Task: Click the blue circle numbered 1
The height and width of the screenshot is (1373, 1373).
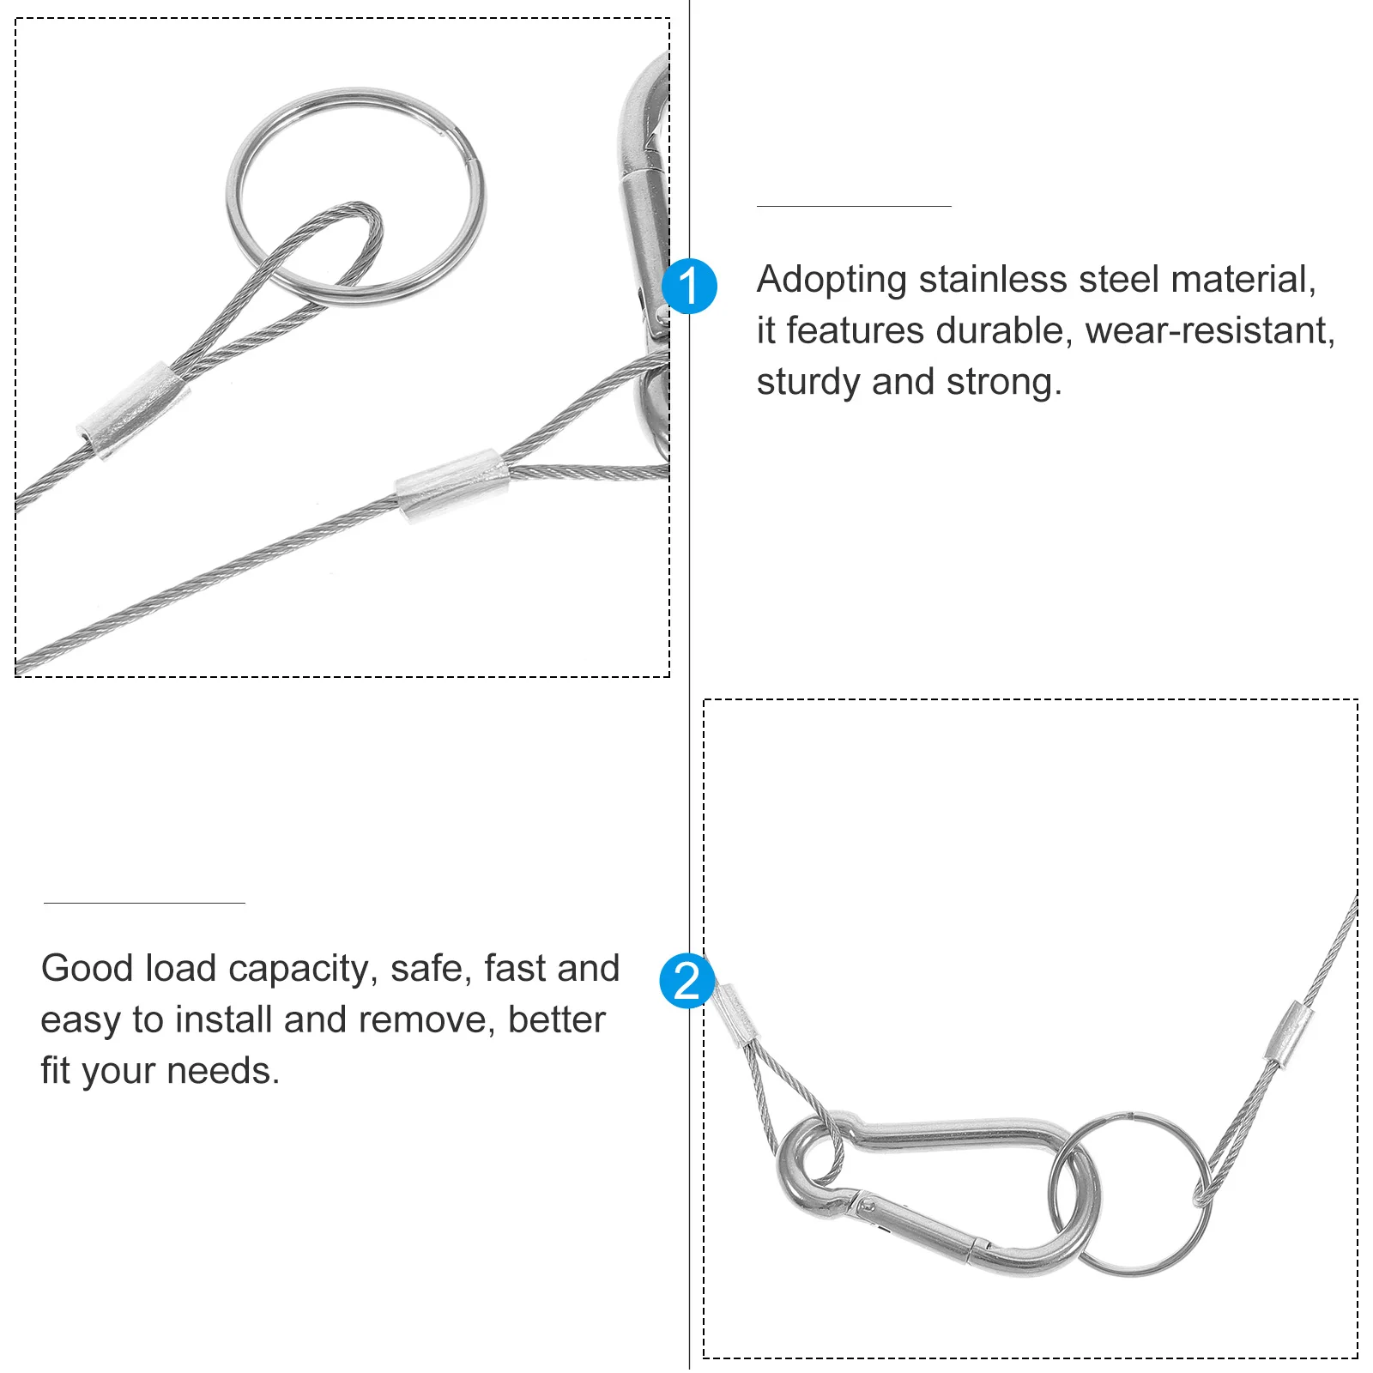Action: point(689,286)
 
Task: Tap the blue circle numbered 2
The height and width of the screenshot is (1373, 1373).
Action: point(686,980)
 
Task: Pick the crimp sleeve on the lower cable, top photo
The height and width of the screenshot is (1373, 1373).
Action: point(451,485)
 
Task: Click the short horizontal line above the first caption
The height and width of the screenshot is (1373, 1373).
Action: point(853,206)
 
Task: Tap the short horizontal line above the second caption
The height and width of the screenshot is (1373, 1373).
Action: point(144,903)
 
